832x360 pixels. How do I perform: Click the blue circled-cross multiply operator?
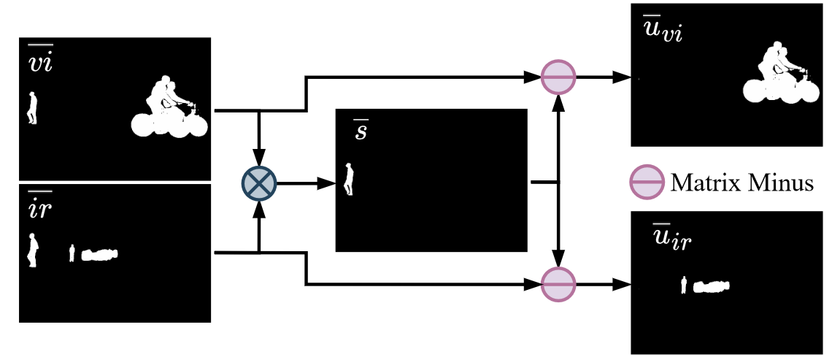tap(259, 183)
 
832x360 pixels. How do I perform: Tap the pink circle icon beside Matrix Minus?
tap(646, 182)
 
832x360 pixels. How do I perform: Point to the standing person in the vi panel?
tap(32, 108)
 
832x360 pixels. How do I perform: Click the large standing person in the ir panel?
tap(32, 250)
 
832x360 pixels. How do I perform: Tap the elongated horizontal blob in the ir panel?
tap(99, 255)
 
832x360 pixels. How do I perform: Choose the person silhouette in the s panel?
tap(350, 180)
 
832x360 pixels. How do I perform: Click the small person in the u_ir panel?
tap(684, 285)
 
